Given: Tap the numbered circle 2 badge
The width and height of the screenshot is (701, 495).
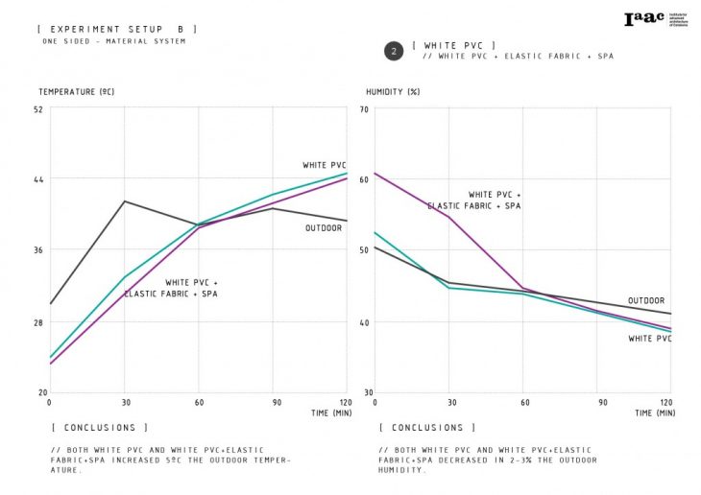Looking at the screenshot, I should click(393, 51).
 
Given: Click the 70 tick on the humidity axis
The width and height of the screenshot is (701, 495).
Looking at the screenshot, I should click(365, 108).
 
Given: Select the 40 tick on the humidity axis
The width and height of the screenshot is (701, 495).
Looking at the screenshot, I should click(365, 321).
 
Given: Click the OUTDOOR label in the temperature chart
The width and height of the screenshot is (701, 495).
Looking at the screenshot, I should click(324, 228).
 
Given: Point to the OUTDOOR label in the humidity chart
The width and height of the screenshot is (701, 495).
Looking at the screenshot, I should click(646, 301).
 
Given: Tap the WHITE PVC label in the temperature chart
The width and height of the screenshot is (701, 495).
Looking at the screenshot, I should click(325, 165).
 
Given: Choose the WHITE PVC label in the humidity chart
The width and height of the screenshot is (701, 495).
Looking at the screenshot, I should click(650, 339).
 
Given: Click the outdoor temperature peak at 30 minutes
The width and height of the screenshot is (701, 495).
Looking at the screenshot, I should click(124, 201).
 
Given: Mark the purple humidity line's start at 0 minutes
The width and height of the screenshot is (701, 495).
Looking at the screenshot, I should click(375, 173).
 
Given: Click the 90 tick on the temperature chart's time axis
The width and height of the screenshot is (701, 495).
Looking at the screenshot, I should click(273, 400).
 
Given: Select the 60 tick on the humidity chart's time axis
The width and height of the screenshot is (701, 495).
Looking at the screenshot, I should click(523, 400).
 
